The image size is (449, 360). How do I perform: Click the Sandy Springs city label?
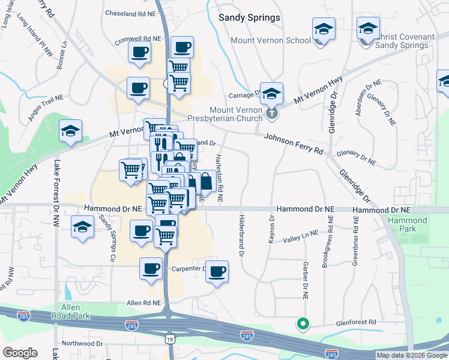[x=249, y=17]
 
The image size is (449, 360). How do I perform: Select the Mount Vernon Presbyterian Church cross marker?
[x=271, y=112]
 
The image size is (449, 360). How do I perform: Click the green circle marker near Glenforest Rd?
[x=303, y=325]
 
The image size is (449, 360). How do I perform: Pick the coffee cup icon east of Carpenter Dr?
[x=217, y=271]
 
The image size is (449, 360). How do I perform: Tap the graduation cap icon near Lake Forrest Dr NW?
[x=70, y=131]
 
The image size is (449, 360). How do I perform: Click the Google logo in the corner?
[x=20, y=353]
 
